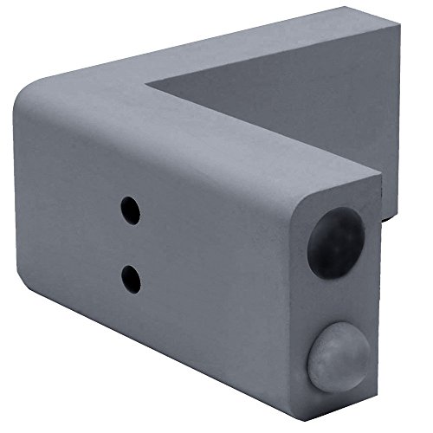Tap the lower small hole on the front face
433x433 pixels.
(132, 277)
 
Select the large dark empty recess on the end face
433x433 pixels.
(335, 242)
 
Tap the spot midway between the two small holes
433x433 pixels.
(131, 243)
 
